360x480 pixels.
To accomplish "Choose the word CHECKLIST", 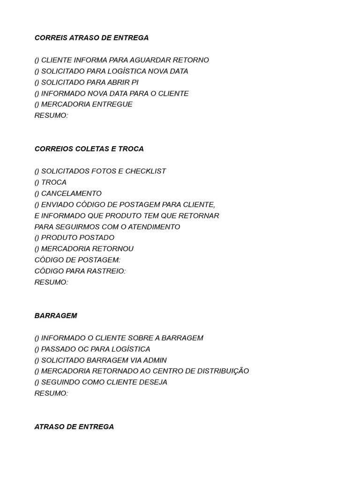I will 146,171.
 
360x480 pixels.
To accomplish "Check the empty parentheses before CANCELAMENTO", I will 37,193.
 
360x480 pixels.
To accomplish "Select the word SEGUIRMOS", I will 74,226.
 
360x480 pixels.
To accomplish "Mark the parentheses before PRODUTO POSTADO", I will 37,238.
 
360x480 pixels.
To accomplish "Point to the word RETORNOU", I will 108,248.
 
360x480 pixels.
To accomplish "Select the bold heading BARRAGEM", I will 56,315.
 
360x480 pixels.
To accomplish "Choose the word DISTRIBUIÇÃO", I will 223,371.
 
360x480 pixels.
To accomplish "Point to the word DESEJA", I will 152,382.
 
